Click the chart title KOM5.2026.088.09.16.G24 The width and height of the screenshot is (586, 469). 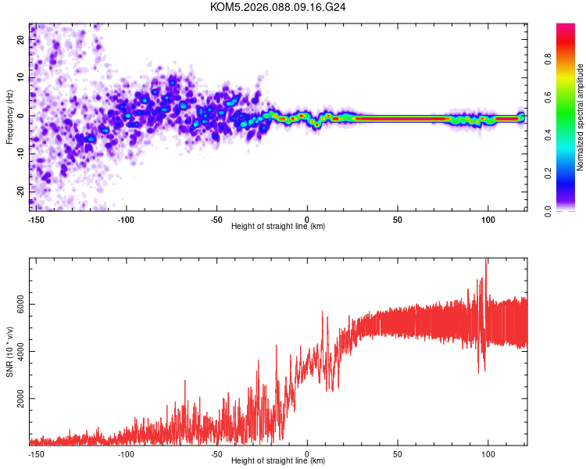point(278,7)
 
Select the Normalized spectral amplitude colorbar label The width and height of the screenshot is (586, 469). point(580,117)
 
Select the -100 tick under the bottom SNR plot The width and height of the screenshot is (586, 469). point(126,453)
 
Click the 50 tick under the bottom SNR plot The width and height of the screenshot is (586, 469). point(398,453)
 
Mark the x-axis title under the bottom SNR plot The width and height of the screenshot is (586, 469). point(278,461)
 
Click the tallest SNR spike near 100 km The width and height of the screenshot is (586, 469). point(487,261)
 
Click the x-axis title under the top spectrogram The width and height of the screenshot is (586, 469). point(278,227)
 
